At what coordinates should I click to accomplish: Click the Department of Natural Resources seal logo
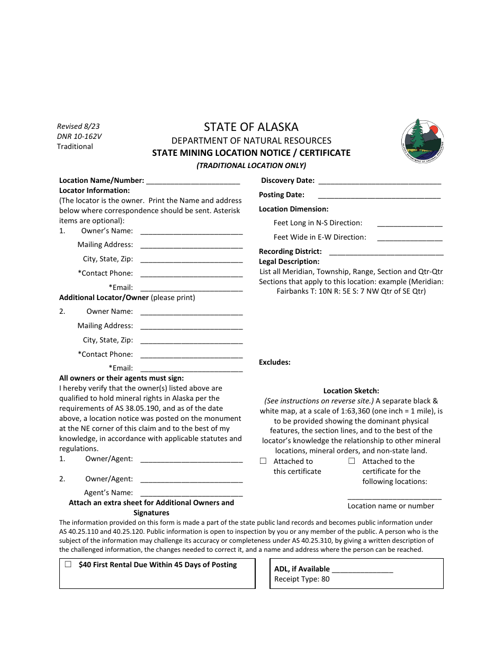pyautogui.click(x=422, y=140)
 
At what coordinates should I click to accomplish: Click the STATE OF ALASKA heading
pyautogui.click(x=251, y=127)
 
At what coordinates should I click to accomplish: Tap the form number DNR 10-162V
pyautogui.click(x=79, y=136)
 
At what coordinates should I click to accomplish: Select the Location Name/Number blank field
pyautogui.click(x=193, y=181)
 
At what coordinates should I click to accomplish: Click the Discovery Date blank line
pyautogui.click(x=380, y=181)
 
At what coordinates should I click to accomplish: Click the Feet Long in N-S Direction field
pyautogui.click(x=410, y=223)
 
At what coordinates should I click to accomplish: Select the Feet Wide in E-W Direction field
pyautogui.click(x=410, y=237)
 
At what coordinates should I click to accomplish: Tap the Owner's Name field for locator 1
pyautogui.click(x=192, y=231)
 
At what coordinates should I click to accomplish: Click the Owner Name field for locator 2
pyautogui.click(x=192, y=312)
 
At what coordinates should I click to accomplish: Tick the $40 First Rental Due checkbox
pyautogui.click(x=68, y=565)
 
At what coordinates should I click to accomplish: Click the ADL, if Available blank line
pyautogui.click(x=363, y=570)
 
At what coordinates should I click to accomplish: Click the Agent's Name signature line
pyautogui.click(x=192, y=493)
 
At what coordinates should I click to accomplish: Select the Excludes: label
pyautogui.click(x=275, y=363)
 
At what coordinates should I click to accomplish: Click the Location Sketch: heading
pyautogui.click(x=352, y=391)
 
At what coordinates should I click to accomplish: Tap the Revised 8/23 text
pyautogui.click(x=78, y=127)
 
